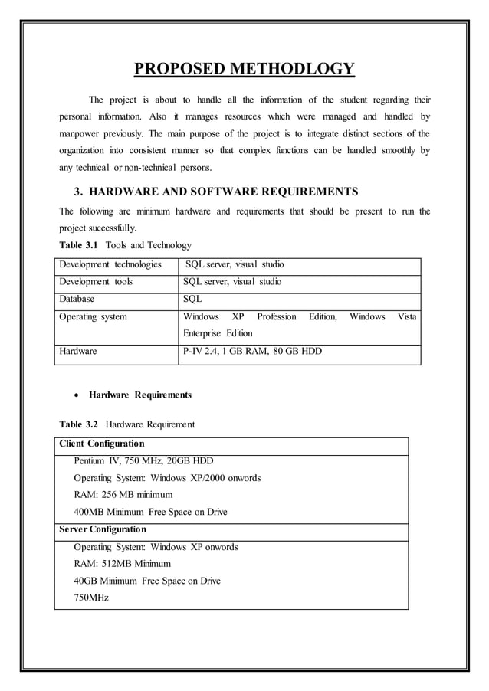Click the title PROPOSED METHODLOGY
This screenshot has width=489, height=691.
pos(244,70)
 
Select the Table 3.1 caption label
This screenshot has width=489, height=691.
pos(80,245)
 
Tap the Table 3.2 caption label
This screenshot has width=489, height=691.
pos(80,424)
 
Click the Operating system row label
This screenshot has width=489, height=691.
pos(94,316)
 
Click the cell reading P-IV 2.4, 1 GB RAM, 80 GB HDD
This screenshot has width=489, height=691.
pos(252,352)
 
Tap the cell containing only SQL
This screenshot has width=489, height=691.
pos(192,299)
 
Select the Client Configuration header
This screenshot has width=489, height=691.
pos(101,444)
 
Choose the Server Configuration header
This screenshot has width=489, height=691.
pos(103,529)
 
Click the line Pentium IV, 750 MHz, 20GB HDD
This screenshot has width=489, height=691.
pos(143,460)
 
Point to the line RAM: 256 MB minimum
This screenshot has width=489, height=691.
pos(123,495)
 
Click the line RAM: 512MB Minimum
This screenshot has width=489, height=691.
pos(122,564)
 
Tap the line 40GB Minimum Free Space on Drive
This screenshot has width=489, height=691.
pos(146,581)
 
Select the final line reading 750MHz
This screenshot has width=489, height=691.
pos(91,598)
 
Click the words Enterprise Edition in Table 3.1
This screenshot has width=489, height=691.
pos(218,333)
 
